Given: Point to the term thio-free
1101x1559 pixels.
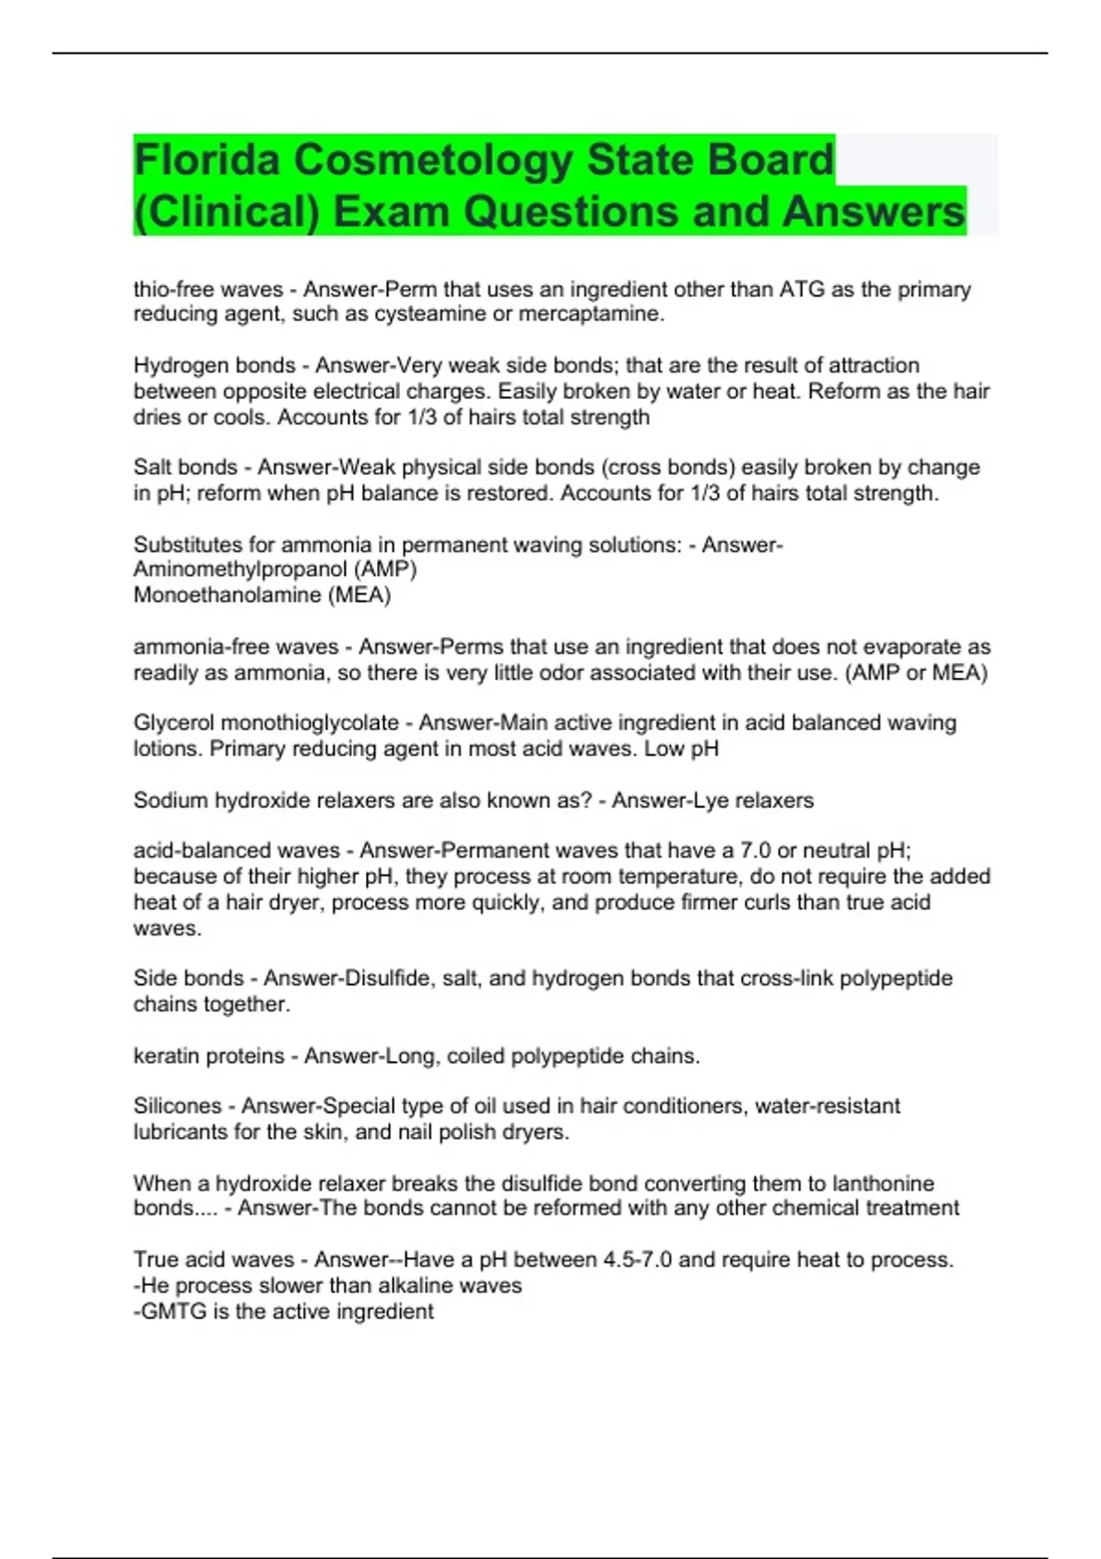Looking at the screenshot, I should click(x=172, y=290).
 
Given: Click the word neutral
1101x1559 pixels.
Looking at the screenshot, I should click(x=833, y=851).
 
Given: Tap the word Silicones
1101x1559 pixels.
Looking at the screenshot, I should click(x=177, y=1106).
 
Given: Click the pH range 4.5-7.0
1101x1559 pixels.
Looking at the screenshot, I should click(x=649, y=1260).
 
